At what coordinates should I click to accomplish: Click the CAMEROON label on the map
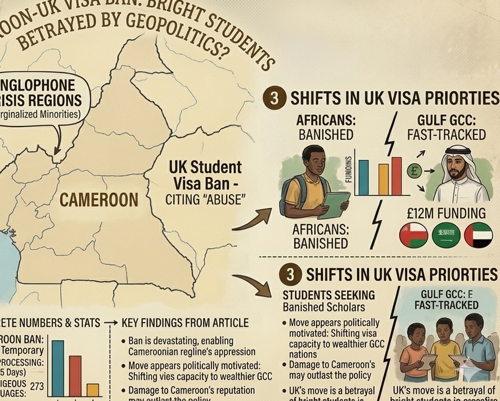(99, 199)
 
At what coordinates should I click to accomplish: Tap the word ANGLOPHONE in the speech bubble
(37, 86)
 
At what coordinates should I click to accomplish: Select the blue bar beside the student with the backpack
(363, 177)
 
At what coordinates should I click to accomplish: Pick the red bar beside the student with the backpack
(397, 175)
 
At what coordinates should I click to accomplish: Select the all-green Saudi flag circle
(446, 236)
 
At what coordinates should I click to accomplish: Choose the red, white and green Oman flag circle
(413, 236)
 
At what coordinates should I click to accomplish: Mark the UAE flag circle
(479, 236)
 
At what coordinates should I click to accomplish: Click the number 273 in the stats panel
(37, 386)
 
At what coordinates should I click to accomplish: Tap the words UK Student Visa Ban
(205, 174)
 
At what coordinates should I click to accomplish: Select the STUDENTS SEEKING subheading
(328, 295)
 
